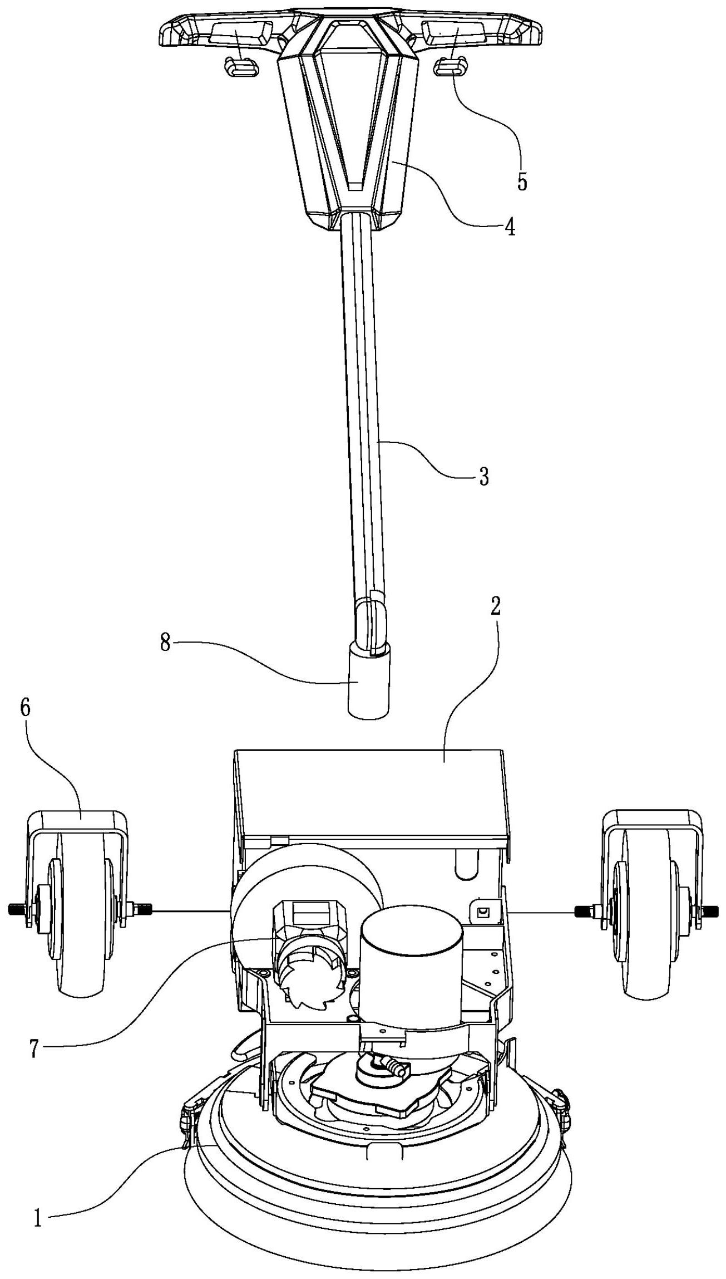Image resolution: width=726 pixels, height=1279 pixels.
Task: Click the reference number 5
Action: pyautogui.click(x=522, y=182)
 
